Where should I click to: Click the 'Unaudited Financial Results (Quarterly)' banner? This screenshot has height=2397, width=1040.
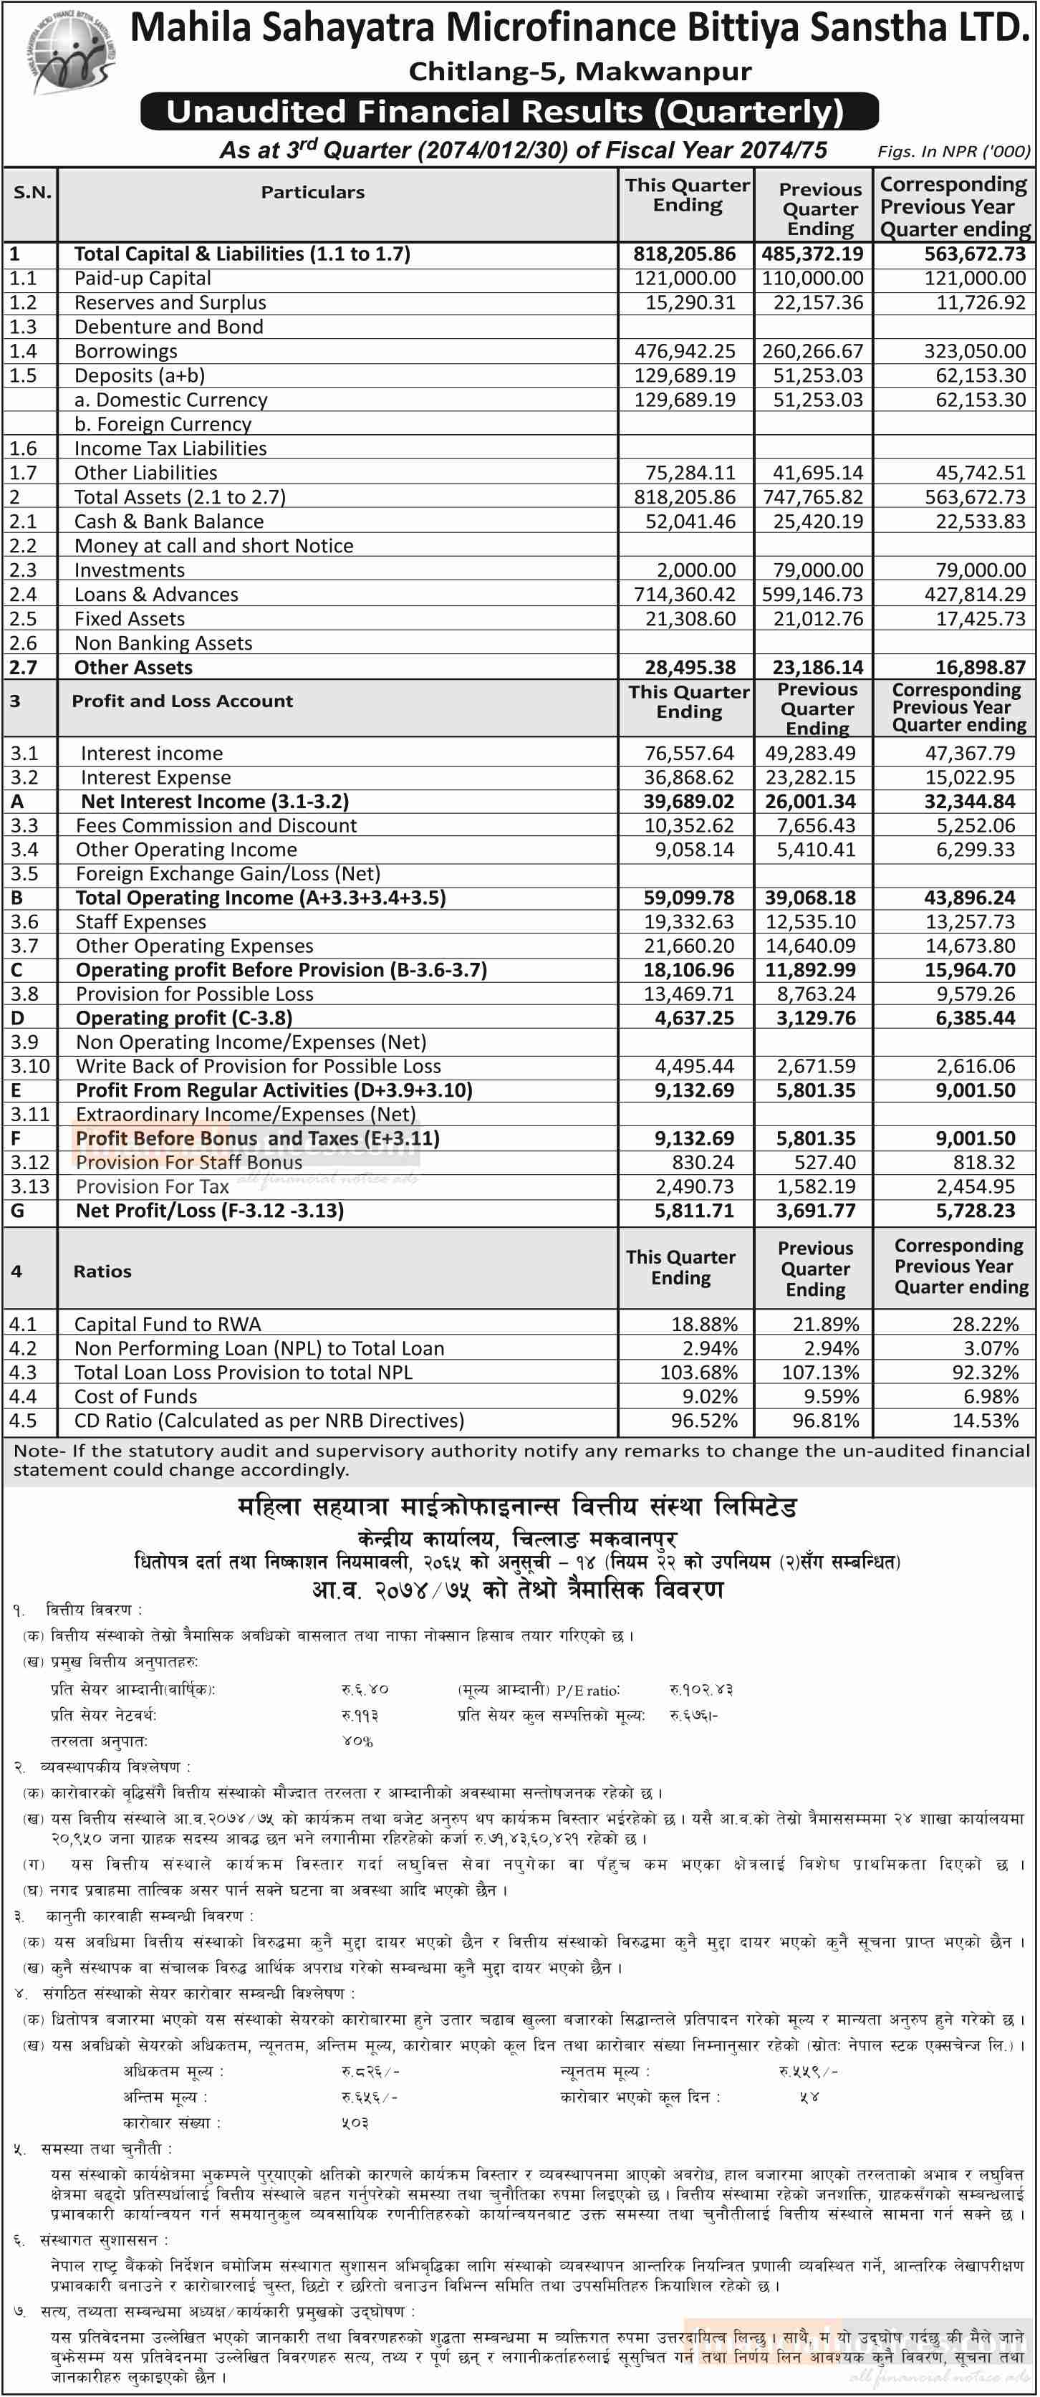click(509, 112)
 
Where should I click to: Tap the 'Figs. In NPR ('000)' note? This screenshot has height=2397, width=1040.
click(953, 150)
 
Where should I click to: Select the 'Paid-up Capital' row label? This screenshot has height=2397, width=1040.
click(143, 278)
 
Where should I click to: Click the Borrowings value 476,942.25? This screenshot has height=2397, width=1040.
click(685, 352)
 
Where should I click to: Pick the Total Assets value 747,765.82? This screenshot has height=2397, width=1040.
click(813, 497)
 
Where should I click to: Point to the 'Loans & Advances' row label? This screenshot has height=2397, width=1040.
click(156, 595)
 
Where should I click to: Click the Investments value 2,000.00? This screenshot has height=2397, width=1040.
click(695, 570)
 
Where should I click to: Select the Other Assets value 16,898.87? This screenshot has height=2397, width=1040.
click(975, 667)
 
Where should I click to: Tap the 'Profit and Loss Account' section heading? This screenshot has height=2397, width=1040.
click(183, 701)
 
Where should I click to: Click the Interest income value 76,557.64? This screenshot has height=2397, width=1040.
click(689, 754)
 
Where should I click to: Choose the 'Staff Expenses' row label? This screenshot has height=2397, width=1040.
click(141, 922)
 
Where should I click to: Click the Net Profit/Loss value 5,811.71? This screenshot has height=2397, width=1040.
click(694, 1211)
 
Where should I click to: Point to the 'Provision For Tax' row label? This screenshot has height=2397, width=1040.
click(153, 1186)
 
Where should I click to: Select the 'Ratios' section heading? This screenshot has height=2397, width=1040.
click(102, 1271)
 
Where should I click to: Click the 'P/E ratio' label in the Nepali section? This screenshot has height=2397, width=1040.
click(588, 1690)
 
